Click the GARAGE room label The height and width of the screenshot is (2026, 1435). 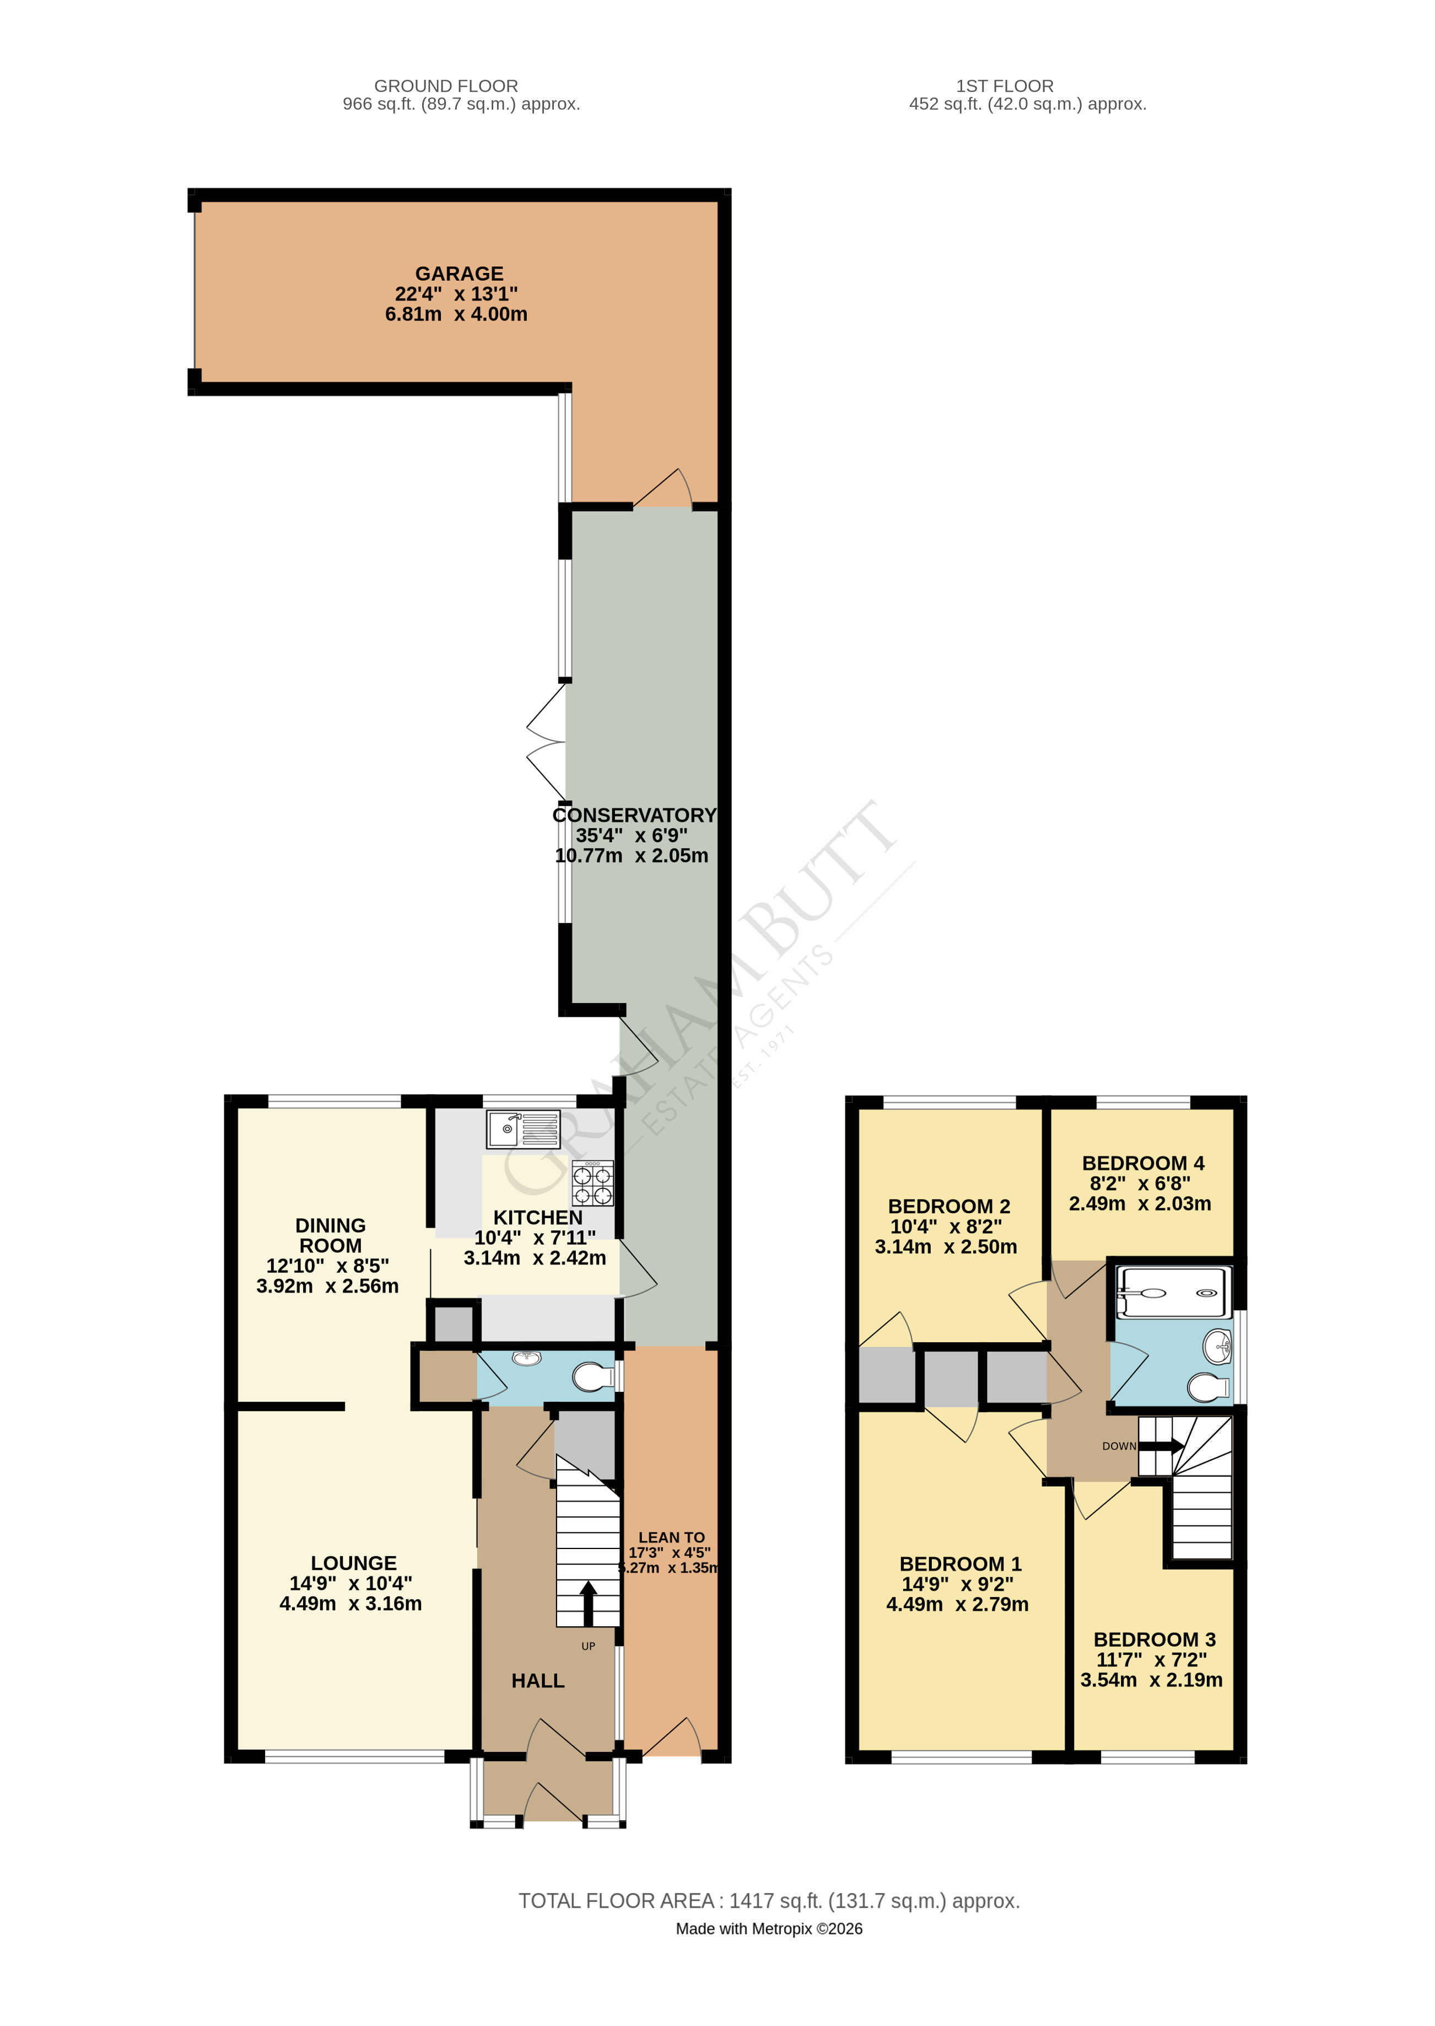tap(458, 274)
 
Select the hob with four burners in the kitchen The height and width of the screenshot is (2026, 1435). tap(592, 1184)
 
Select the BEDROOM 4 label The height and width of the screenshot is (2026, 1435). tap(1142, 1164)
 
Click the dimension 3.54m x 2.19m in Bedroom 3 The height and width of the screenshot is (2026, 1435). tap(1151, 1680)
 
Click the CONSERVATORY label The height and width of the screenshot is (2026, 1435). tap(634, 815)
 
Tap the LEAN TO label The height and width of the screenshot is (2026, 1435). tap(672, 1537)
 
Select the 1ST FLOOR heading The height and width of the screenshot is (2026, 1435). tap(1004, 85)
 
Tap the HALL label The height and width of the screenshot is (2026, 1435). tap(537, 1680)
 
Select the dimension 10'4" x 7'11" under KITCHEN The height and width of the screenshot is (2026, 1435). tap(535, 1237)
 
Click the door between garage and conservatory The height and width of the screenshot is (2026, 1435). tap(663, 491)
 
